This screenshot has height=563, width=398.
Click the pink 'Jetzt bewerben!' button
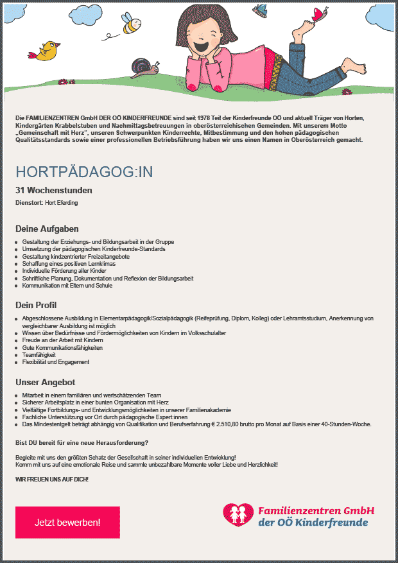click(67, 522)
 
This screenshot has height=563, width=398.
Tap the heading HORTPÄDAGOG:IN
click(84, 172)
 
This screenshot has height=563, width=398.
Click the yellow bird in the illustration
click(48, 51)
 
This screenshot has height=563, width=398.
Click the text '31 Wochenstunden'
click(54, 190)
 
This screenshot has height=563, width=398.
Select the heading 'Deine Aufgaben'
click(47, 229)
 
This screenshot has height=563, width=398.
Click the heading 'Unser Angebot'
click(45, 383)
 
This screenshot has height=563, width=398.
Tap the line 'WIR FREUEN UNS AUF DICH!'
click(52, 480)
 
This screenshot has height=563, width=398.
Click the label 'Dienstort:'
click(29, 203)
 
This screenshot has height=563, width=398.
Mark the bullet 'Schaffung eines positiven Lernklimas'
click(70, 264)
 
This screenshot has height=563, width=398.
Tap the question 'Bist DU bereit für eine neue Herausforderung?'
click(82, 443)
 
